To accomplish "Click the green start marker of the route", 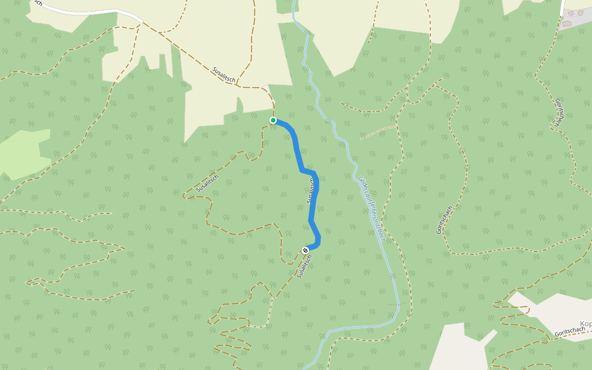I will click(x=273, y=120).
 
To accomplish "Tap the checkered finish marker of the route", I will click(x=305, y=250).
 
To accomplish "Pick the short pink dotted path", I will click(x=377, y=132).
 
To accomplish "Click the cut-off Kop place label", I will click(x=585, y=324).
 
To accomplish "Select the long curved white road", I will click(x=92, y=12).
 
